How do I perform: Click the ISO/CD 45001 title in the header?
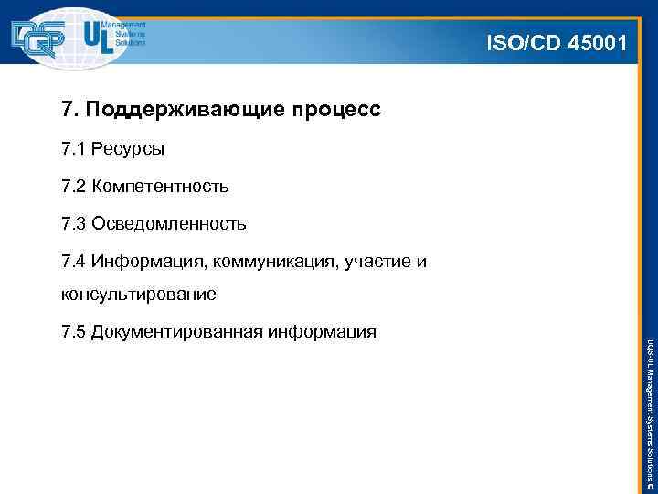click(x=557, y=41)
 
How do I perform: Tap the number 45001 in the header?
click(x=594, y=41)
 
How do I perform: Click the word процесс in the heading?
click(x=335, y=112)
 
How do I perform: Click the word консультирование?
click(x=138, y=295)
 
